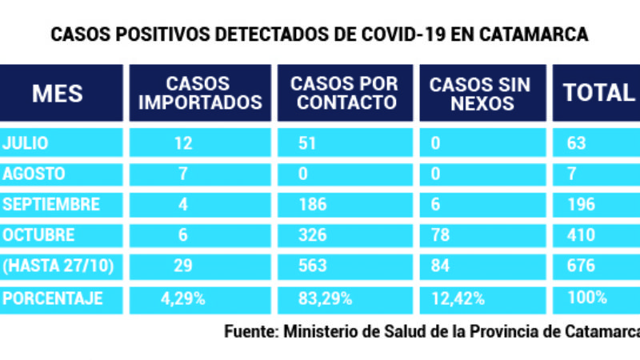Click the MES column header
click(x=58, y=93)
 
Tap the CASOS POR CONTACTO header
click(x=344, y=93)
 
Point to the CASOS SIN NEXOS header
click(x=482, y=93)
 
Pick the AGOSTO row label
click(x=34, y=174)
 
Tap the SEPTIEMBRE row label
click(x=52, y=204)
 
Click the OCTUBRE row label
click(x=39, y=235)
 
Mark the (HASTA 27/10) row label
click(x=53, y=266)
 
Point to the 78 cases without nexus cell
click(x=439, y=235)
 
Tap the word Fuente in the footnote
click(x=250, y=331)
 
